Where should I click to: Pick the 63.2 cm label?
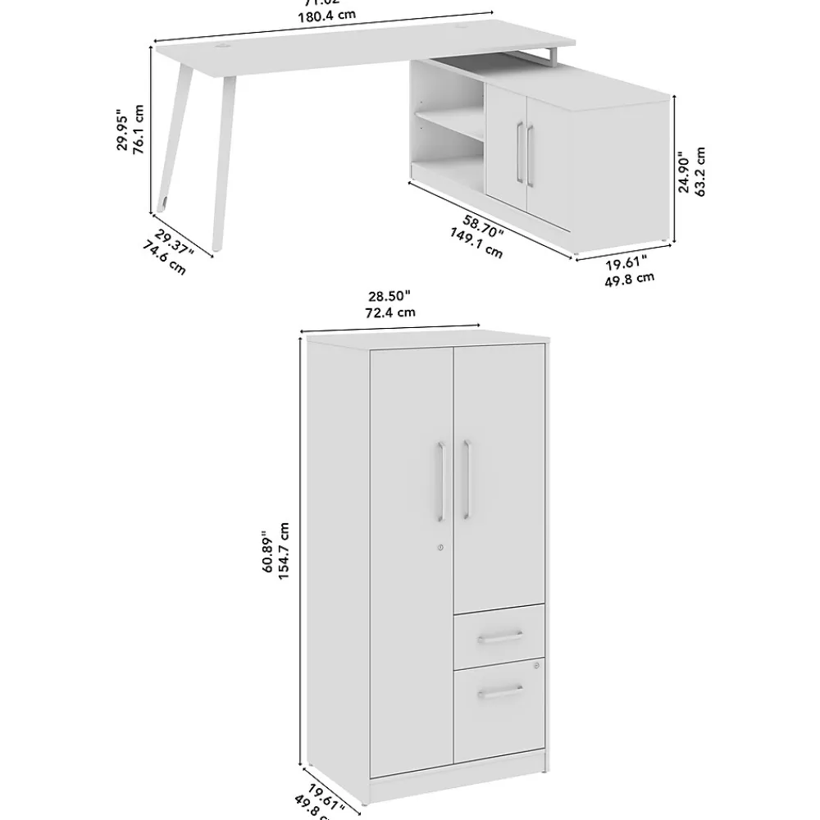coord(700,172)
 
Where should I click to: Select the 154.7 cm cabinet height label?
coord(284,550)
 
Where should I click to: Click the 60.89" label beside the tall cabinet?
coord(267,550)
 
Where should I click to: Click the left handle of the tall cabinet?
coord(440,481)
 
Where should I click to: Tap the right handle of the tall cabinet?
coord(466,481)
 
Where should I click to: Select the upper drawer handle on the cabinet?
coord(500,636)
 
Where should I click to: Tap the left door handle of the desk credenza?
coord(519,153)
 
